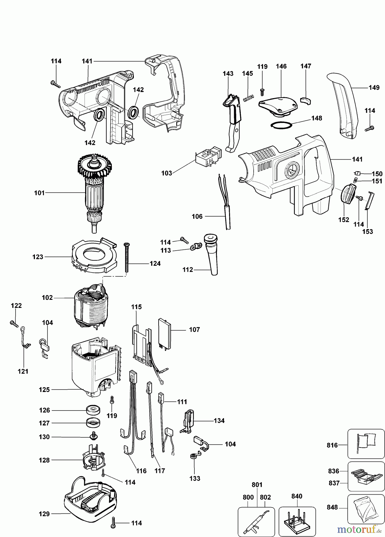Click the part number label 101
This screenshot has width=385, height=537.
(39, 193)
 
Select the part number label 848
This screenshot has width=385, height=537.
(332, 507)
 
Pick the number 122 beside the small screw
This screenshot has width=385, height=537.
(16, 306)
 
